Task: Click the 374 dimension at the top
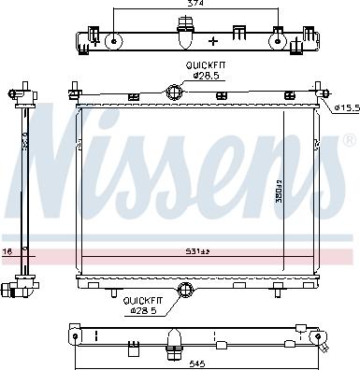point(194,5)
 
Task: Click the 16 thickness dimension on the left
point(7,252)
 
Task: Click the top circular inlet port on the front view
point(174,91)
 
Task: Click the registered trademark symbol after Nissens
point(349,141)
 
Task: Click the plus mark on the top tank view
point(214,41)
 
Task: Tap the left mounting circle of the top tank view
point(112,40)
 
